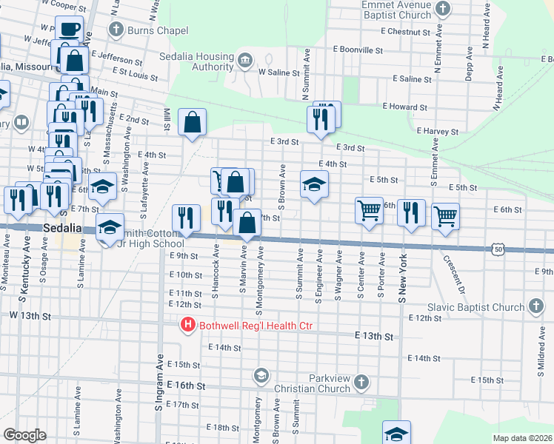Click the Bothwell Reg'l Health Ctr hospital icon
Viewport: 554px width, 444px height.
(188, 324)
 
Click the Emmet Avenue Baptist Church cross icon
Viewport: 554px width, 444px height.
(442, 10)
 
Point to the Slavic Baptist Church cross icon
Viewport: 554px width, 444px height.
(535, 307)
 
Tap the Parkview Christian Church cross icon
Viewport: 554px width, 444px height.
(361, 382)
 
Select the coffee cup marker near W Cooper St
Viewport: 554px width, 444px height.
(70, 30)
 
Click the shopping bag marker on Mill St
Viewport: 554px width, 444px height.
(192, 121)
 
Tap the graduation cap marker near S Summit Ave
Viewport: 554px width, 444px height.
(314, 184)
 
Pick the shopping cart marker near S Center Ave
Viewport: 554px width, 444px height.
(369, 211)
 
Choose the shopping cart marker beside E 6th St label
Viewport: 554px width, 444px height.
(445, 217)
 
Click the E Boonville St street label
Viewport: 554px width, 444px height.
(358, 50)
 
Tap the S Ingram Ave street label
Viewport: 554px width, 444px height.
(158, 382)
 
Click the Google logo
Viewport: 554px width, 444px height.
(24, 435)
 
